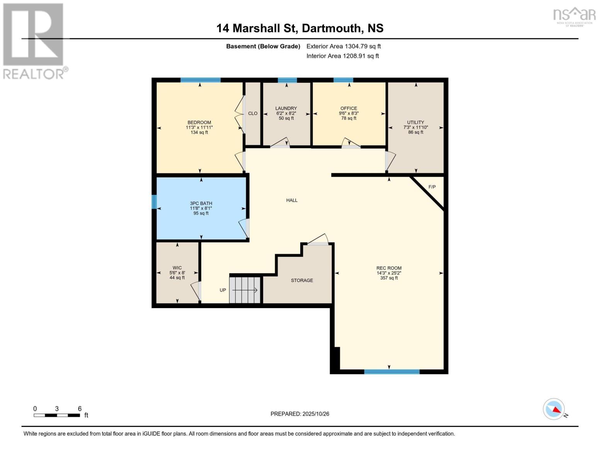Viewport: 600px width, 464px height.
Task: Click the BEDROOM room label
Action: pyautogui.click(x=199, y=123)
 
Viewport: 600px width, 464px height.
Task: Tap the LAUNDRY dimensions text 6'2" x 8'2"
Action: pyautogui.click(x=286, y=113)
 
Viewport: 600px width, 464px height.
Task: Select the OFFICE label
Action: pyautogui.click(x=349, y=109)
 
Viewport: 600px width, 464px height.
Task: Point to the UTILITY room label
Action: pyautogui.click(x=416, y=123)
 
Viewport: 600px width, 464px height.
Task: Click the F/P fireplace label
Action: pyautogui.click(x=432, y=187)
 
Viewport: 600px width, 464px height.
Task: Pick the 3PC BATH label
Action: pyautogui.click(x=201, y=203)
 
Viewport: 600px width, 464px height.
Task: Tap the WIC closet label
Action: pyautogui.click(x=177, y=268)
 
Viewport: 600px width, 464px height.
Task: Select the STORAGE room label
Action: pyautogui.click(x=302, y=280)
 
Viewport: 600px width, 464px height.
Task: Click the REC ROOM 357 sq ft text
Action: pyautogui.click(x=389, y=278)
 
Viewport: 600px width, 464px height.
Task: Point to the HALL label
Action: pyautogui.click(x=292, y=200)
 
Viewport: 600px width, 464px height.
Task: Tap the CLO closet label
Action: pyautogui.click(x=253, y=114)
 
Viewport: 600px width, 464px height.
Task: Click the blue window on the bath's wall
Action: pyautogui.click(x=154, y=202)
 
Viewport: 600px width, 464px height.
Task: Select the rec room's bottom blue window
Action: pyautogui.click(x=392, y=372)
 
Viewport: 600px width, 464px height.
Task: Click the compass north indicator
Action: pyautogui.click(x=554, y=409)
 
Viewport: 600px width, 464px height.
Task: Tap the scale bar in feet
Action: pyautogui.click(x=57, y=415)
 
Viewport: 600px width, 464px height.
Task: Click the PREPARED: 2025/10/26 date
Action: pyautogui.click(x=300, y=414)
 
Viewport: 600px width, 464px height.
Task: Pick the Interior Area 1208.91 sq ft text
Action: pyautogui.click(x=343, y=56)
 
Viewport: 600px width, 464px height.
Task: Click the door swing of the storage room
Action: pyautogui.click(x=319, y=239)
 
